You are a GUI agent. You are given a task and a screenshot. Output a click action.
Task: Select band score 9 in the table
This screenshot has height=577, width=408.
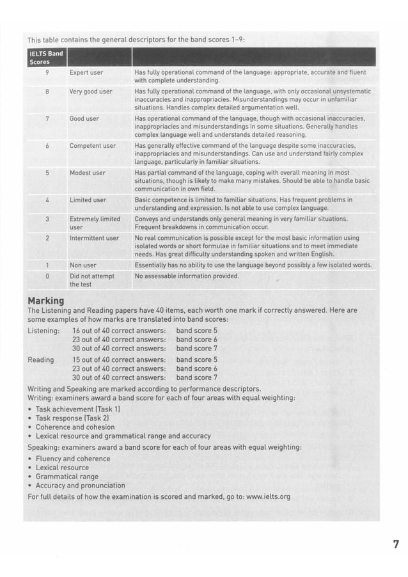pos(47,73)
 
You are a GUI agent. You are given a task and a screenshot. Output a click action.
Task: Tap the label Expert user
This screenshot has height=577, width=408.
pos(86,73)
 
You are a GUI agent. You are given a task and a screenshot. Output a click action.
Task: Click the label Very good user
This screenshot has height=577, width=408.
pos(90,91)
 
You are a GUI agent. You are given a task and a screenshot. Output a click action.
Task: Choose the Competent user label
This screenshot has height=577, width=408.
pos(93,146)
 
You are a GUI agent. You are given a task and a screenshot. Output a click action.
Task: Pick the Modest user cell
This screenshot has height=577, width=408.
pos(88,173)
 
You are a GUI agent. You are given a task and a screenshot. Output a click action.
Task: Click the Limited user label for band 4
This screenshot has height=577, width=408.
pos(88,200)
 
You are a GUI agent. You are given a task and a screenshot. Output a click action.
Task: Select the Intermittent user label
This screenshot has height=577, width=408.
pos(94,238)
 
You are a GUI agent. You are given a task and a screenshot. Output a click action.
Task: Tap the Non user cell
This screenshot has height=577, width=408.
pos(83,265)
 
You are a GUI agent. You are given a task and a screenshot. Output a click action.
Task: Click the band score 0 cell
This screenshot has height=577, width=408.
pos(47,276)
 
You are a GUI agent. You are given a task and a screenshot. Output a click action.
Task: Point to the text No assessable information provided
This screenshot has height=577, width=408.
pos(187,276)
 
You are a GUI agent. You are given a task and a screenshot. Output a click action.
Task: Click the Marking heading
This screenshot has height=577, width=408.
pos(46,300)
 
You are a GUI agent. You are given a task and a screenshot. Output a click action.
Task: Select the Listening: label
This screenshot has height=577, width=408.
pos(44,331)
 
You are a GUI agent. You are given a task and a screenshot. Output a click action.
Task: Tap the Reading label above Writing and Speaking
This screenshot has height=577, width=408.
pos(41,360)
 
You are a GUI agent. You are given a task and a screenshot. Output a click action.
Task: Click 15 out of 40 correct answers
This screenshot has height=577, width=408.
pos(119,360)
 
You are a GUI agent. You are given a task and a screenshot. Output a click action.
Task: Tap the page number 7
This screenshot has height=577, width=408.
pos(396,544)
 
